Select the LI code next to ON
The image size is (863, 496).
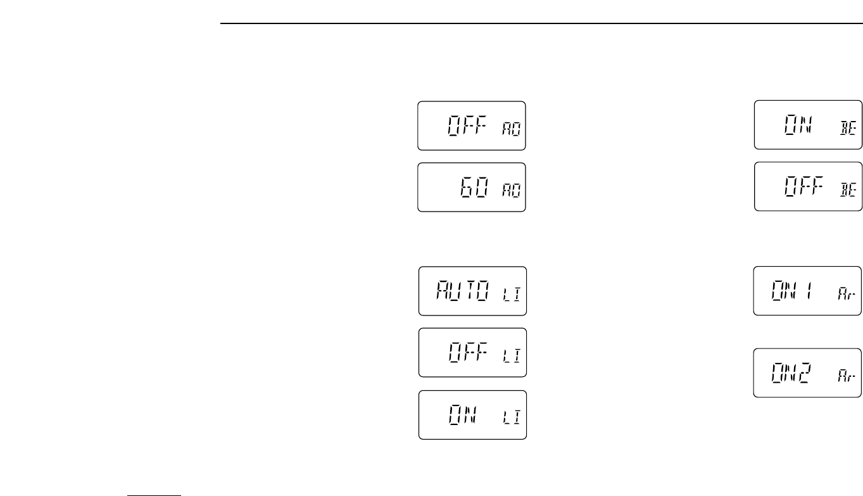511,419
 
